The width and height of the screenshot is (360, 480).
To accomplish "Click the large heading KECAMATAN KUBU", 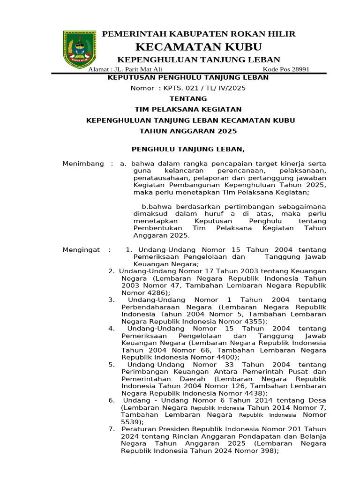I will (198, 47).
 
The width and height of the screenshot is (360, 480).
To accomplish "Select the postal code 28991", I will (300, 69).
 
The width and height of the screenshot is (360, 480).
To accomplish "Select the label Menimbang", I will (83, 164).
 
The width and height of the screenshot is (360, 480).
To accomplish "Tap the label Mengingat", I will (81, 250).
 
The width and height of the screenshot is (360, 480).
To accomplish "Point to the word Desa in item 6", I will (317, 400).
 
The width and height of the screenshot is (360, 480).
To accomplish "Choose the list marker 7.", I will (111, 429).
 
